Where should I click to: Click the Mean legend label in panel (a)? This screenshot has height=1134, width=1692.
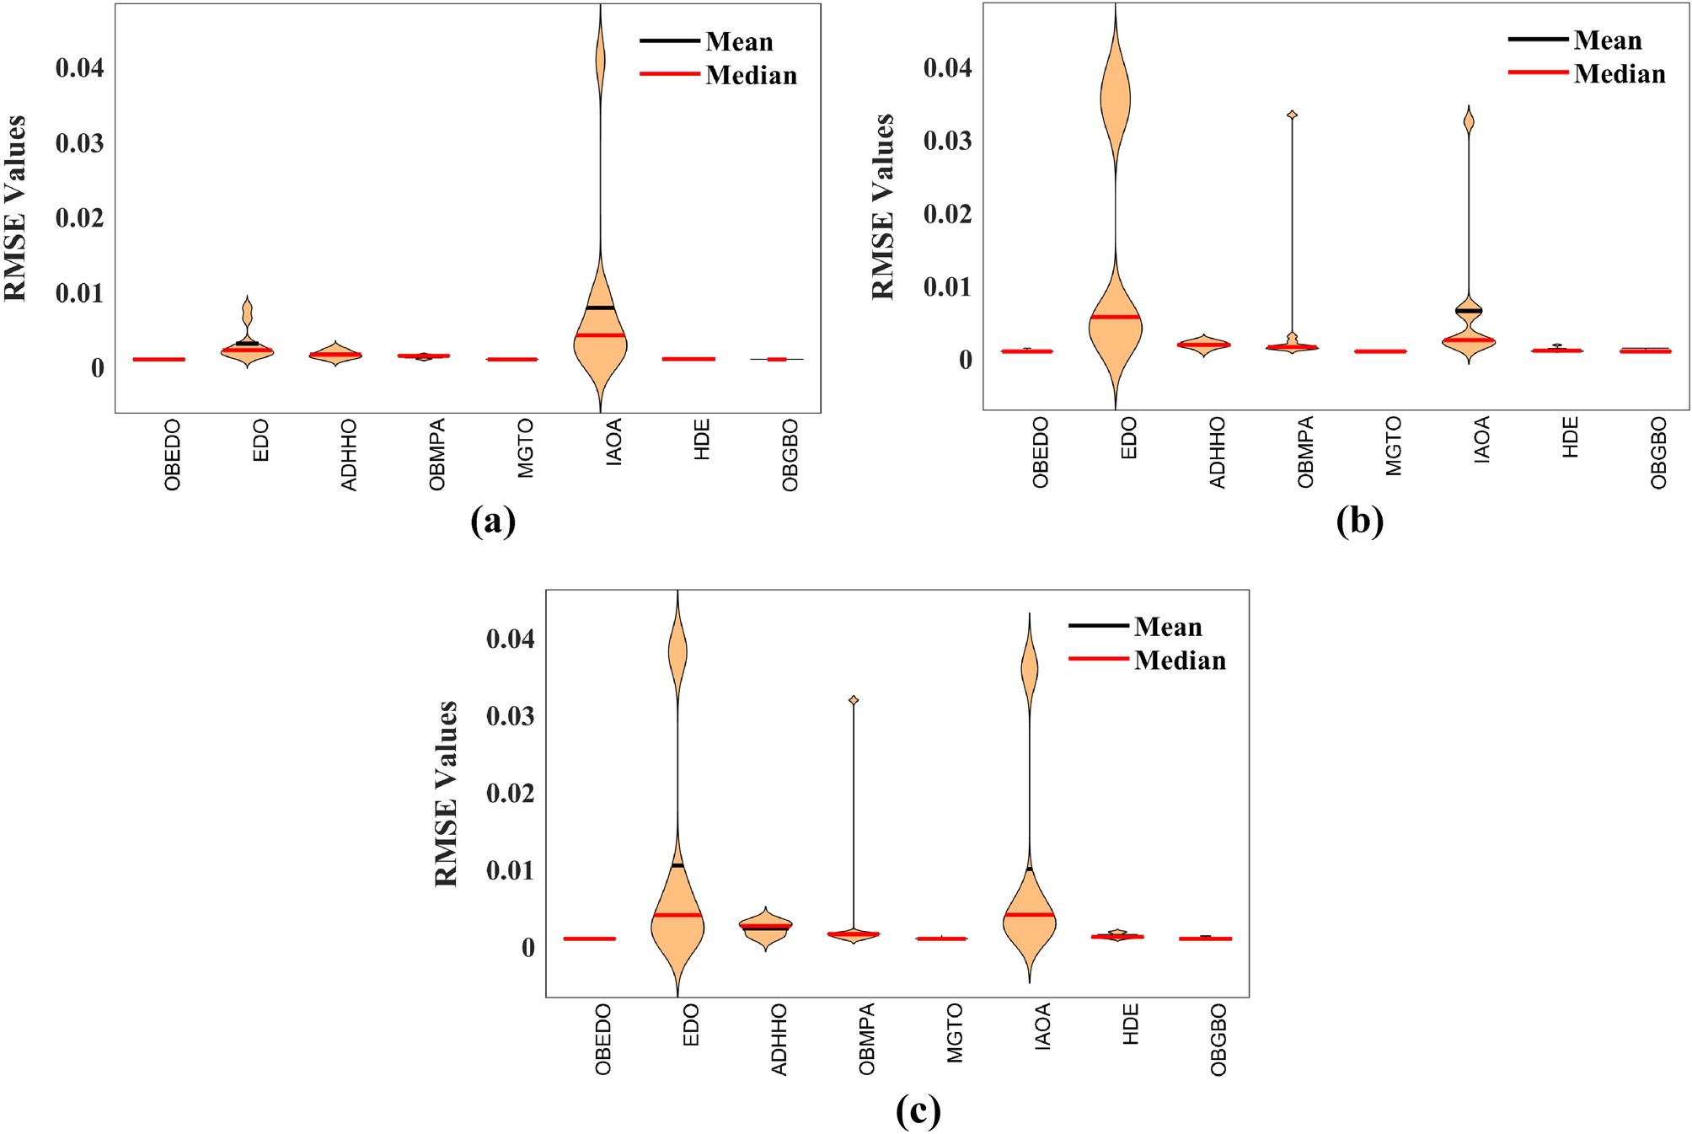[739, 41]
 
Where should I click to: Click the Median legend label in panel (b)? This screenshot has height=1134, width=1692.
[1619, 74]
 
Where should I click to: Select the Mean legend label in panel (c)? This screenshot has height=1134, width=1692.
[1167, 627]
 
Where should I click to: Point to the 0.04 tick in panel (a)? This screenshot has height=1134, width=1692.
[80, 67]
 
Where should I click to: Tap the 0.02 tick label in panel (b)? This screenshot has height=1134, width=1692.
[947, 214]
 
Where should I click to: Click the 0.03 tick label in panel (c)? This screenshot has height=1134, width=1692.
[510, 716]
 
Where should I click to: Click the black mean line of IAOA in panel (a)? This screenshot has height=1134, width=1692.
[600, 308]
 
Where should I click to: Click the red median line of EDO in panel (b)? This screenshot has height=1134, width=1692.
[1115, 317]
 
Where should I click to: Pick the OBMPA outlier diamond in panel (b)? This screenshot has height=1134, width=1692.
[1292, 115]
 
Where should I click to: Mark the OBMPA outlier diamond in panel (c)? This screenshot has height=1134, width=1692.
[854, 700]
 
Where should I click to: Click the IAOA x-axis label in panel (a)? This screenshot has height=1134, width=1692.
[613, 441]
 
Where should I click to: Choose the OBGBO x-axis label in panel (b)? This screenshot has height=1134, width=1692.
[1658, 452]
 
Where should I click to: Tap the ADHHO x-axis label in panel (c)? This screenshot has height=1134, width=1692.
[779, 1039]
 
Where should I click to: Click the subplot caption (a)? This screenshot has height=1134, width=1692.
[493, 521]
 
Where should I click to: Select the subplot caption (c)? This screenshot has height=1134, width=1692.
[918, 1111]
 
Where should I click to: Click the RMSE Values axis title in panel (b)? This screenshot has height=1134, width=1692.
[882, 206]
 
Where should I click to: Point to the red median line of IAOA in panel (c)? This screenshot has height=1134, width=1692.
[1029, 914]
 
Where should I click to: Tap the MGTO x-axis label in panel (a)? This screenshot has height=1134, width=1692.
[525, 448]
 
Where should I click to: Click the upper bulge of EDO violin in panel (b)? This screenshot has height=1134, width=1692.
[1115, 99]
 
